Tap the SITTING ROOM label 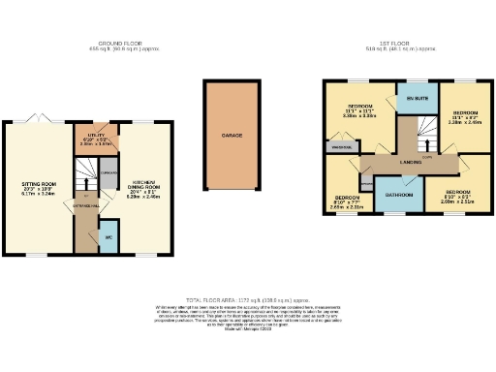pos(40,184)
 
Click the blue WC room pos(108,236)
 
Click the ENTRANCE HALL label pos(85,206)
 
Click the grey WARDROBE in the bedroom pos(340,146)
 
